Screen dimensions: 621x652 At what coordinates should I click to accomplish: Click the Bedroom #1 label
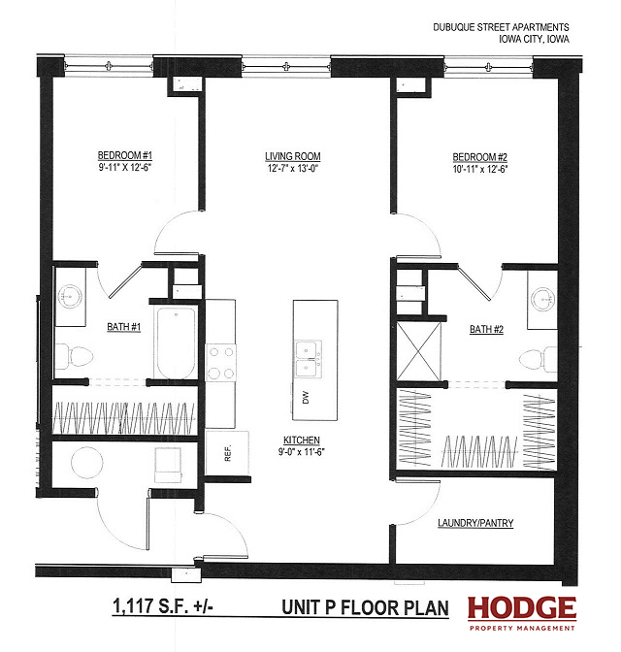click(x=125, y=155)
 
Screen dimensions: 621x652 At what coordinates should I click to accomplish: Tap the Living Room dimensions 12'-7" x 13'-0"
click(x=293, y=169)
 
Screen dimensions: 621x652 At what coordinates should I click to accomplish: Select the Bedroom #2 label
click(x=480, y=157)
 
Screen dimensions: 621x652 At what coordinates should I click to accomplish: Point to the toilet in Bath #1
click(x=74, y=356)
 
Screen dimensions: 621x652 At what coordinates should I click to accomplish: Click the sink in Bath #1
click(x=70, y=297)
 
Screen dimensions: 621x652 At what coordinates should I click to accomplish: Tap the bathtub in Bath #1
click(x=176, y=343)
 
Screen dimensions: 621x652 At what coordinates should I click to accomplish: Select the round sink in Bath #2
click(x=543, y=299)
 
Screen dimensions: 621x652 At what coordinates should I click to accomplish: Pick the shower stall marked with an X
click(x=418, y=351)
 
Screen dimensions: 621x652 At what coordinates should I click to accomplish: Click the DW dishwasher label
click(x=306, y=398)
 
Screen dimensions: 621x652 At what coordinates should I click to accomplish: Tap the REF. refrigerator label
click(x=227, y=453)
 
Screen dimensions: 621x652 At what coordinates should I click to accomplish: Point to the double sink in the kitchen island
click(x=309, y=359)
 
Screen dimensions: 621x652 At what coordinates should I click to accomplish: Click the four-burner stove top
click(x=221, y=363)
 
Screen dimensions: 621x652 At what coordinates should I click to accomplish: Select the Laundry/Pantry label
click(x=475, y=523)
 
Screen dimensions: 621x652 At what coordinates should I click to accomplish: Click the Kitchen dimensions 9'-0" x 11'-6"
click(x=302, y=452)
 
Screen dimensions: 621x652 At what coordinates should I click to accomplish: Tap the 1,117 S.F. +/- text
click(x=163, y=605)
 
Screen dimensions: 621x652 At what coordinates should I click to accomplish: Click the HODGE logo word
click(x=522, y=608)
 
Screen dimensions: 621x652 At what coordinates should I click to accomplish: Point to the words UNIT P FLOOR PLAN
click(x=365, y=607)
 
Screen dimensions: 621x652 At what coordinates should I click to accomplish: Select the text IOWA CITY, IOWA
click(x=534, y=39)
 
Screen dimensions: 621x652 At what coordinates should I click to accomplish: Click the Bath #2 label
click(x=487, y=329)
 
